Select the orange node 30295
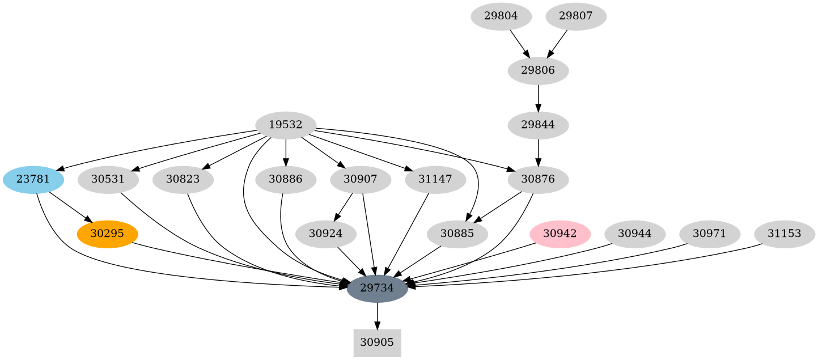(107, 234)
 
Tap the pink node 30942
(560, 234)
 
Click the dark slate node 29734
(377, 288)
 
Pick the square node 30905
(377, 342)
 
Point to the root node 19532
(286, 125)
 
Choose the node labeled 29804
(501, 16)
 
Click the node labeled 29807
(575, 16)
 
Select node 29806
(538, 71)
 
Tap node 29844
(538, 125)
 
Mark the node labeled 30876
(538, 180)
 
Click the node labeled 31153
(784, 234)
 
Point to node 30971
(709, 234)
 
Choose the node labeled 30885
(457, 234)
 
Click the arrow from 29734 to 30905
(377, 316)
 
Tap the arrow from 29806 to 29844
(538, 98)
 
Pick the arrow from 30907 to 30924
(344, 206)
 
